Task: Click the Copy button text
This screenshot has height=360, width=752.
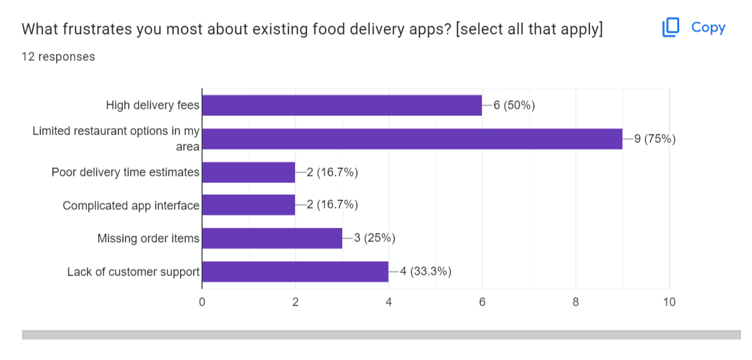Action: click(x=708, y=28)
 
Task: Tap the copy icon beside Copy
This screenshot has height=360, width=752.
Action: click(x=671, y=28)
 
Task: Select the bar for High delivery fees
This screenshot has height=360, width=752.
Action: click(x=342, y=105)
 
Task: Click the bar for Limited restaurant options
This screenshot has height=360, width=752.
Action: click(x=412, y=138)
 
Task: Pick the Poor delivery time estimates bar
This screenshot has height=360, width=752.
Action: click(x=248, y=172)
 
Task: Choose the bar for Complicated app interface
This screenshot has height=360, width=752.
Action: click(x=248, y=205)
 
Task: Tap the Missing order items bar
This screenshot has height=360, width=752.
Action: click(x=272, y=238)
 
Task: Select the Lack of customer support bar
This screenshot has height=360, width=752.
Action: click(x=295, y=271)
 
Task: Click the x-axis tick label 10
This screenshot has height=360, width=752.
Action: click(x=669, y=302)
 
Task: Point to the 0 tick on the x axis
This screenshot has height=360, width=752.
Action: click(x=202, y=302)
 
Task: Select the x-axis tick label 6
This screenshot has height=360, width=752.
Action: click(x=482, y=302)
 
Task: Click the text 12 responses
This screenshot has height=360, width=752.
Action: click(x=58, y=57)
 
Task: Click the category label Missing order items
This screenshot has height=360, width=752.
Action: click(x=148, y=239)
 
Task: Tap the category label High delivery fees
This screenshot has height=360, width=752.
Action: click(x=153, y=106)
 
